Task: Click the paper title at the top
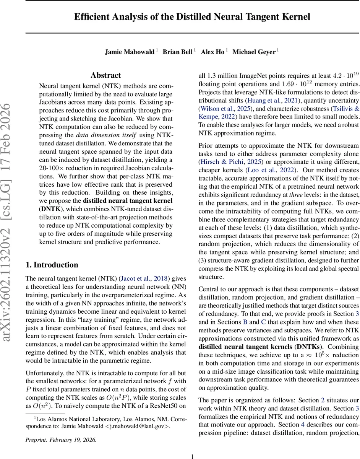pos(192,17)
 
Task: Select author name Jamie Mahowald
pos(130,52)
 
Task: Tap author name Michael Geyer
pos(254,52)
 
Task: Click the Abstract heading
pos(105,75)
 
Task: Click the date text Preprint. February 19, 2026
pos(61,440)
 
